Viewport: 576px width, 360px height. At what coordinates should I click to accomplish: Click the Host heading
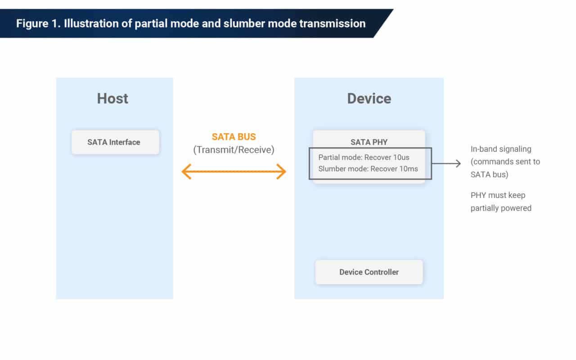(112, 99)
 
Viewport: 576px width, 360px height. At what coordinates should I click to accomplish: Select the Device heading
(369, 99)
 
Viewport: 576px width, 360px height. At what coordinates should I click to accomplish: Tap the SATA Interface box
(115, 142)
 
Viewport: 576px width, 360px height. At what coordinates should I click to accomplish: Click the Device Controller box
(369, 272)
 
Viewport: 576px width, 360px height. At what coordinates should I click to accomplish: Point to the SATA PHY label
(369, 142)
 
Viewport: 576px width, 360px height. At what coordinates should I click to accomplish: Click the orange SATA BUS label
(234, 137)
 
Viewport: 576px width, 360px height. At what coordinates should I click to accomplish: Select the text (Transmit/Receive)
(234, 150)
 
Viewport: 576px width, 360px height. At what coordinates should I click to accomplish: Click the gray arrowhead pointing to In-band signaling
(458, 163)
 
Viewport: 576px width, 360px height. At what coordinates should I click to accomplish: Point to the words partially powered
(501, 208)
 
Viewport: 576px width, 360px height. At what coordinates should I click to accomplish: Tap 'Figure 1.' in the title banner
(38, 23)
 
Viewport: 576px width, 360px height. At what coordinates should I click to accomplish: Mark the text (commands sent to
(505, 162)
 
